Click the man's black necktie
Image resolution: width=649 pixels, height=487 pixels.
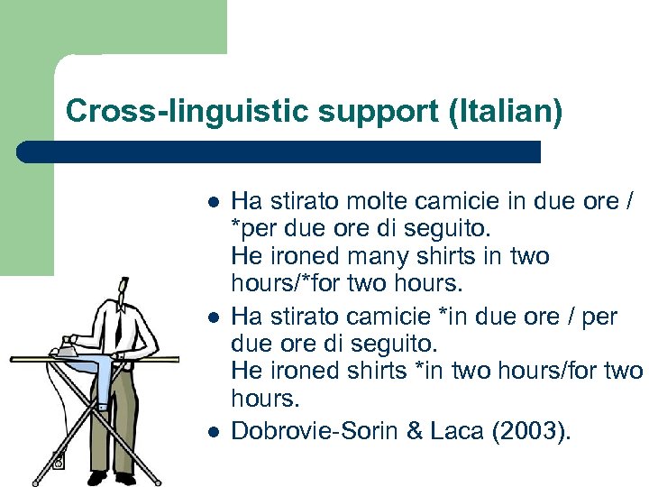[x=118, y=324]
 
